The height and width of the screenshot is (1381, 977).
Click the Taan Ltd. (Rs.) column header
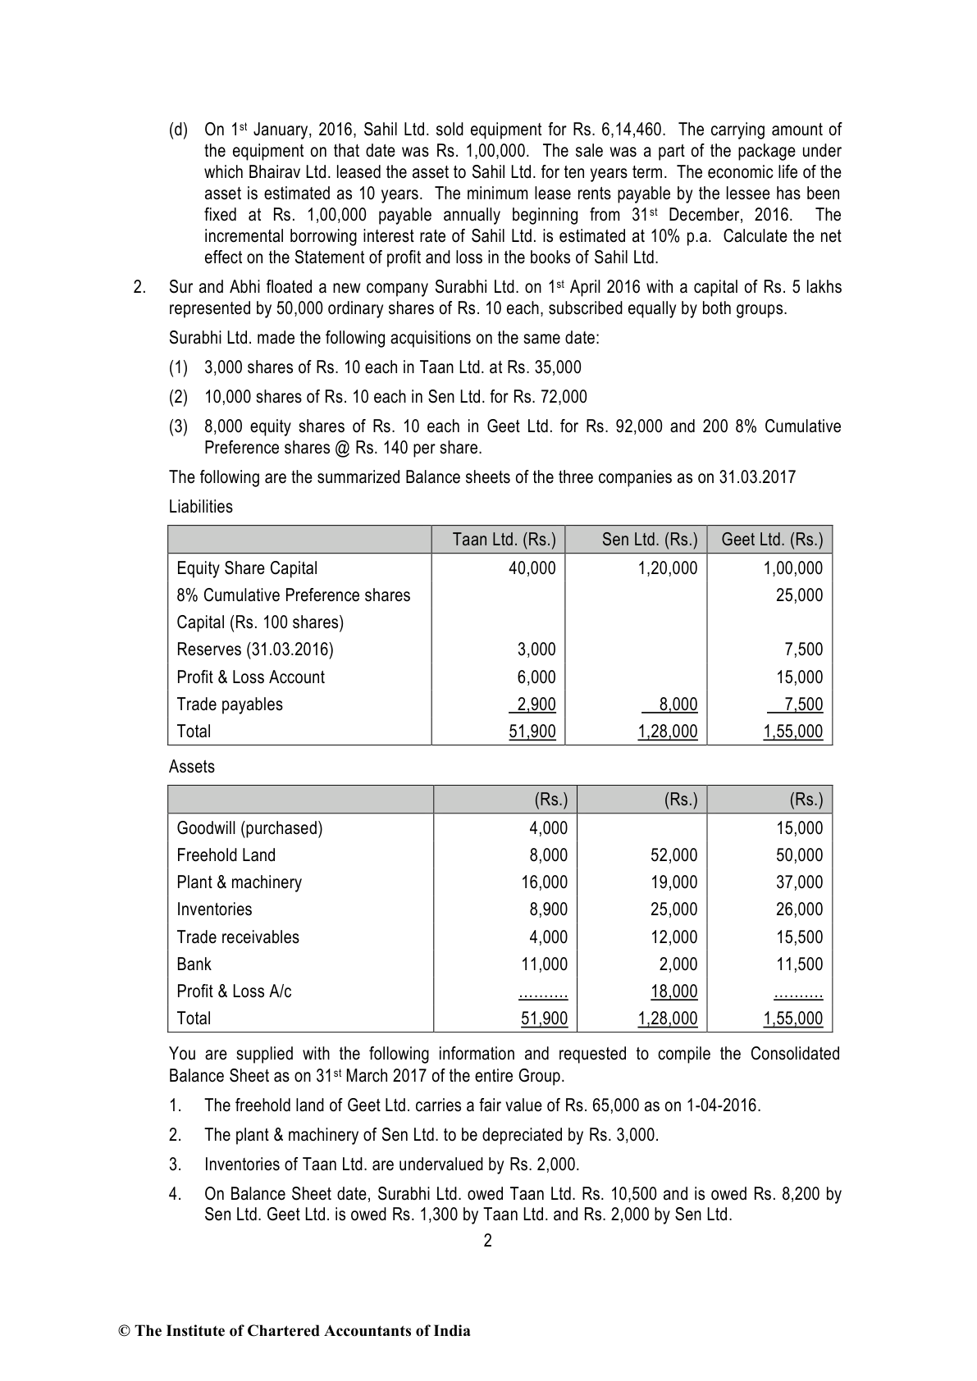coord(504,540)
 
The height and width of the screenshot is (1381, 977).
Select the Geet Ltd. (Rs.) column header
coord(771,540)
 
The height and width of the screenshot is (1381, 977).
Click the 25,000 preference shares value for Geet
coord(799,595)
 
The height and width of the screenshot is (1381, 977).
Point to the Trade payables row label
coord(230,704)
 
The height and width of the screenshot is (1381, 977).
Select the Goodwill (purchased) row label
coord(249,828)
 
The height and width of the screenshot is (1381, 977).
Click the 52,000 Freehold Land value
coord(673,855)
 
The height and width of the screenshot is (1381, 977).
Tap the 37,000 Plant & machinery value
coord(799,882)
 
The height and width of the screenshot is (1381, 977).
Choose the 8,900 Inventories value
coord(548,909)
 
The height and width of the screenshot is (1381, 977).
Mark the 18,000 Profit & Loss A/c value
coord(673,991)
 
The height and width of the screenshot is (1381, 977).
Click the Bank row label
coord(194,964)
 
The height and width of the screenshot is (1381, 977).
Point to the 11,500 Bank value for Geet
coord(799,964)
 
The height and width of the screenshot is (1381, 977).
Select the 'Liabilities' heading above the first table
coord(201,507)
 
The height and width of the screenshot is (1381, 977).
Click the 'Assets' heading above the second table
coord(192,767)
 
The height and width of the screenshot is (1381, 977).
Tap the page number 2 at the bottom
coord(488,1241)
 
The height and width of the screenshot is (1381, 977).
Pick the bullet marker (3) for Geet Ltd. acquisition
coord(178,426)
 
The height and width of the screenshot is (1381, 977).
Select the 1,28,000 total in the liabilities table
coord(668,732)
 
